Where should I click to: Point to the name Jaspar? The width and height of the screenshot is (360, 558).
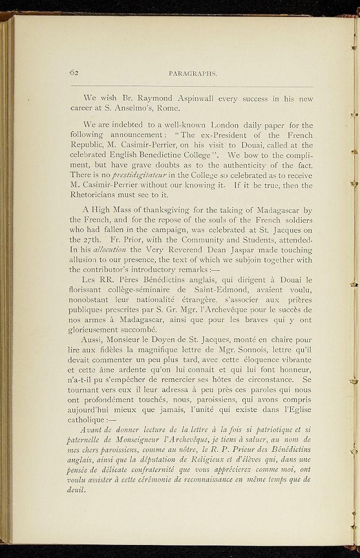[215, 250]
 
